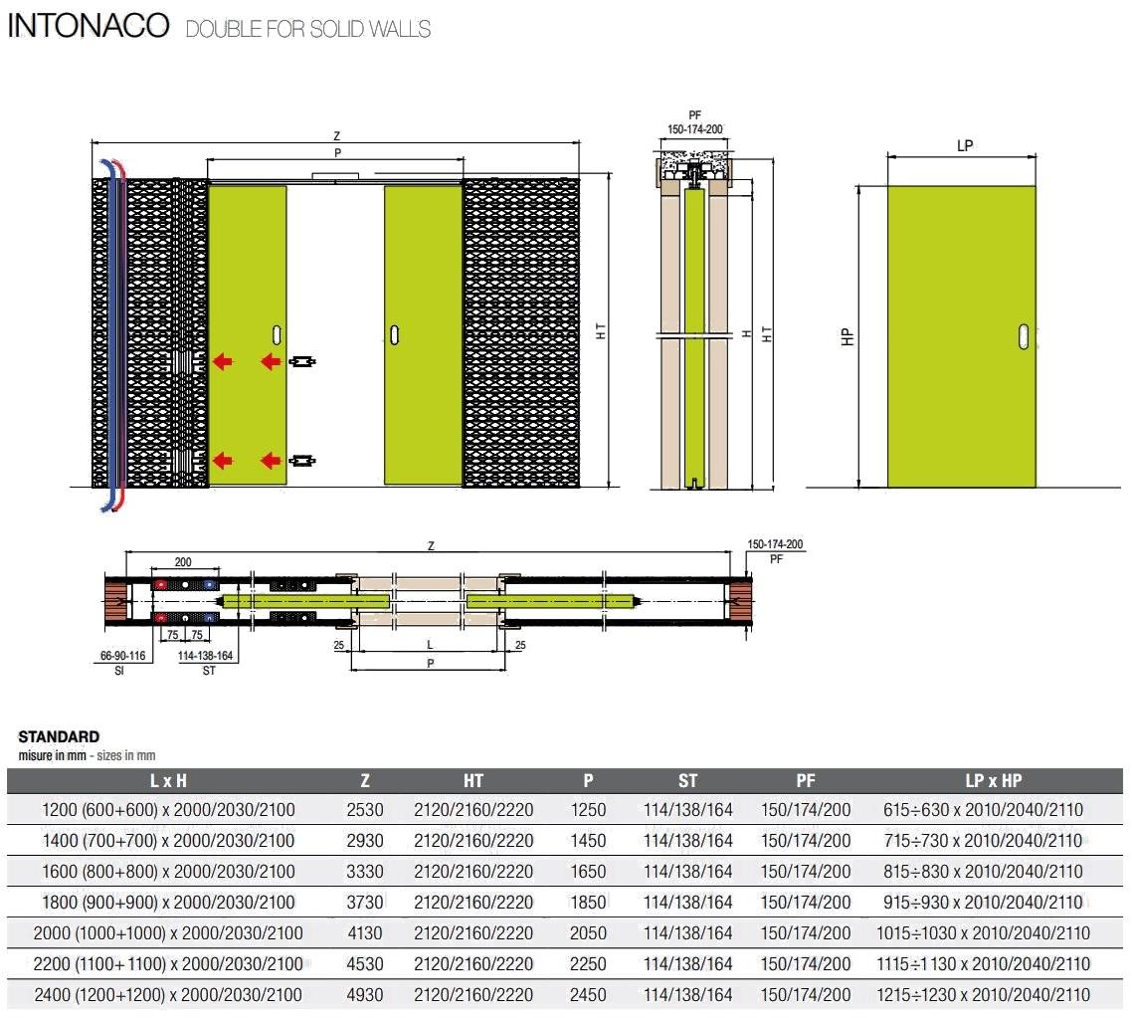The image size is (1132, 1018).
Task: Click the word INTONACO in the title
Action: coord(88,26)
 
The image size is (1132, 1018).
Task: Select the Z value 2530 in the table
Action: coord(365,810)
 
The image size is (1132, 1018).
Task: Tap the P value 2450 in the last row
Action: coord(588,994)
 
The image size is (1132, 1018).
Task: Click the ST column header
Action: coord(687,781)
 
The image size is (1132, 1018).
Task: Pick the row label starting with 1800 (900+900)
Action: coord(168,903)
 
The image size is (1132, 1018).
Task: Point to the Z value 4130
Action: coord(365,933)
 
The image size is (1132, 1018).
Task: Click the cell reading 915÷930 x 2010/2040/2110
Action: coord(983,903)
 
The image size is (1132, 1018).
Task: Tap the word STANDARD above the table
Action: coord(59,736)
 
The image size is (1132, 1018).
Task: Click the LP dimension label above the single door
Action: coord(964,145)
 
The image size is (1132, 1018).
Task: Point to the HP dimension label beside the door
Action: coord(848,336)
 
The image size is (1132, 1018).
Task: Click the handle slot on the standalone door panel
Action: coord(1024,336)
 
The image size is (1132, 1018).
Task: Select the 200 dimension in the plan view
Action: coord(182,561)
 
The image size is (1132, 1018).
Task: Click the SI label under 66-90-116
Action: coord(118,671)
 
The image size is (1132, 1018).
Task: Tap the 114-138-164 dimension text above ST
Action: coord(209,657)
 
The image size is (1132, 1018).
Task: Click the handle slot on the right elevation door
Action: coord(396,333)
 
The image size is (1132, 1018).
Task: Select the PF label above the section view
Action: coord(694,116)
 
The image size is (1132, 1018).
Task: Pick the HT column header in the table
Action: coord(473,781)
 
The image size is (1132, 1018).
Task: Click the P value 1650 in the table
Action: coord(588,872)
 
